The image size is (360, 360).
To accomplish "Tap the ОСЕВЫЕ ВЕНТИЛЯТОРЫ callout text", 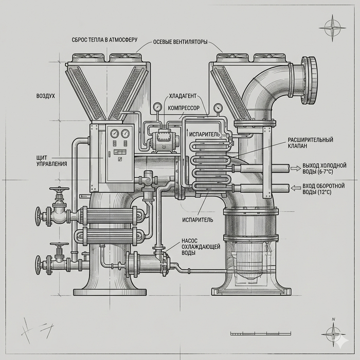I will [180, 42].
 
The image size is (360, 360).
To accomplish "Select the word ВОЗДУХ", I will [45, 96].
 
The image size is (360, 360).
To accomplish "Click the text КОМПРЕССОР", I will [184, 108].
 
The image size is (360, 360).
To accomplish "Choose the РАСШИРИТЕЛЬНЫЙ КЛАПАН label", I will [310, 143].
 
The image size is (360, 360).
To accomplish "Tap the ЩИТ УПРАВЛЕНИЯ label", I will [51, 160].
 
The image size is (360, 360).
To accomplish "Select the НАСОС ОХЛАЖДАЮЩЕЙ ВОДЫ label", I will [201, 247].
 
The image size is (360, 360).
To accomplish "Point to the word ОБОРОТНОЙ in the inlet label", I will [329, 185].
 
